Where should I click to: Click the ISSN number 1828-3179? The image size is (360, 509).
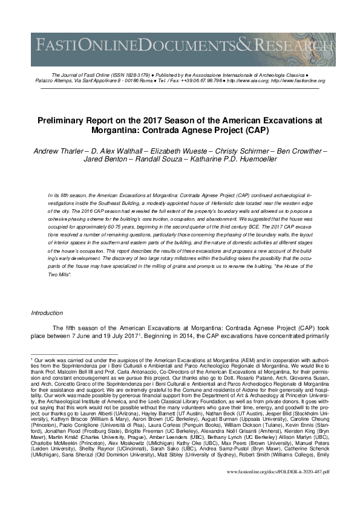click(134, 74)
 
